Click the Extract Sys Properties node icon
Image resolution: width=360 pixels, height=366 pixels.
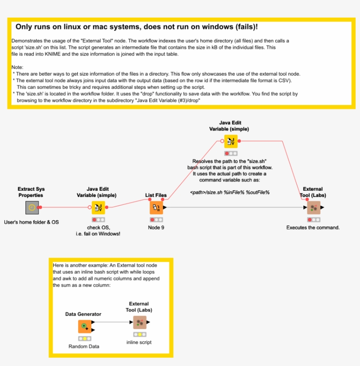[32, 207]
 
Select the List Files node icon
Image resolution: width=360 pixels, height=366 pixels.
[156, 207]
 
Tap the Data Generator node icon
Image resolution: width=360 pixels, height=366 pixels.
[84, 327]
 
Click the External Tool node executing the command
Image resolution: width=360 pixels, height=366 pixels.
[313, 207]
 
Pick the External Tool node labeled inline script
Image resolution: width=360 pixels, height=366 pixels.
[140, 323]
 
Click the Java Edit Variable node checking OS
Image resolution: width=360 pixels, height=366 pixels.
[98, 207]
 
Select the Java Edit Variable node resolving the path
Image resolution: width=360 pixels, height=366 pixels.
[231, 141]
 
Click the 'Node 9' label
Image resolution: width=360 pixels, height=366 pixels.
[156, 228]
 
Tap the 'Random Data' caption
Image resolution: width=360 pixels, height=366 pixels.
[84, 346]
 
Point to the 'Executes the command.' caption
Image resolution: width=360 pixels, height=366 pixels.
[313, 228]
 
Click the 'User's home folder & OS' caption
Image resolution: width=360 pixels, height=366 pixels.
[32, 222]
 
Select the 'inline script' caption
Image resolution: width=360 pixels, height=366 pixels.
[140, 342]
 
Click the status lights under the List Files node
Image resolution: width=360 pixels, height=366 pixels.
[156, 219]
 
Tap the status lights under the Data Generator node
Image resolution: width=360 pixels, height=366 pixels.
[84, 339]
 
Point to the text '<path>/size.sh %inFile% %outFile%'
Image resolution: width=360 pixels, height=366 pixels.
[230, 192]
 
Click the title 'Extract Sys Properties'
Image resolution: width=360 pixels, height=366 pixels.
[31, 192]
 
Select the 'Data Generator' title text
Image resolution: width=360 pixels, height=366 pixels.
[83, 314]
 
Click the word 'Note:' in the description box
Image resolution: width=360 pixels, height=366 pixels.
[18, 67]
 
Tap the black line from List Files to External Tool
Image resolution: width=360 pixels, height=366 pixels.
[233, 207]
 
